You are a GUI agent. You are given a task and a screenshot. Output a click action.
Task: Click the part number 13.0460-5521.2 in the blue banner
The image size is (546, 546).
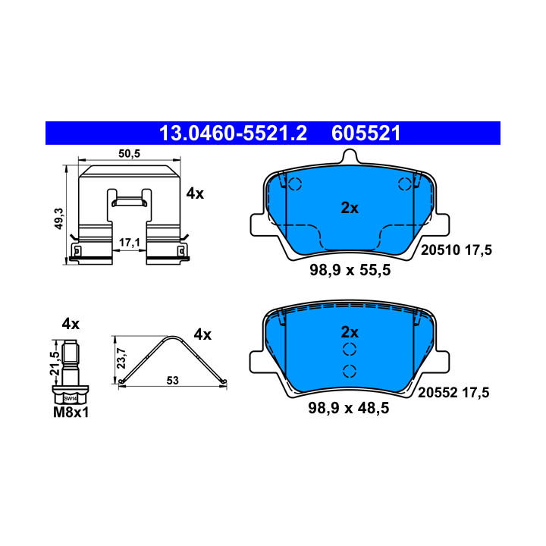233,133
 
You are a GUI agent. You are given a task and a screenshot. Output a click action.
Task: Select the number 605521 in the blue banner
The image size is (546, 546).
366,133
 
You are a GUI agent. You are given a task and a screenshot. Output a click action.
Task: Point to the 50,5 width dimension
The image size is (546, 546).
129,153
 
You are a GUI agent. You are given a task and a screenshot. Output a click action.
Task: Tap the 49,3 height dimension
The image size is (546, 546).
59,218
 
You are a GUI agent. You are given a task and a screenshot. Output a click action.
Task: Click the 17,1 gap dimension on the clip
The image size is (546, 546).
130,243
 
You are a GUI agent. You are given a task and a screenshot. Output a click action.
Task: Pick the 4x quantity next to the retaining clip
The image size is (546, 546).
195,193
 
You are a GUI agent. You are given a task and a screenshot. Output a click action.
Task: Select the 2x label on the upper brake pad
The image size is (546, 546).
350,208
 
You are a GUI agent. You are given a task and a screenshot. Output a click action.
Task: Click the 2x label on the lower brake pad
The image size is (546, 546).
350,332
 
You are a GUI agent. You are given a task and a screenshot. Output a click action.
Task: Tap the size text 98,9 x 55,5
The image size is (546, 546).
350,270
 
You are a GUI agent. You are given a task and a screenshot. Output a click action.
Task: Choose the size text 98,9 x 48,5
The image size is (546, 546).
349,408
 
